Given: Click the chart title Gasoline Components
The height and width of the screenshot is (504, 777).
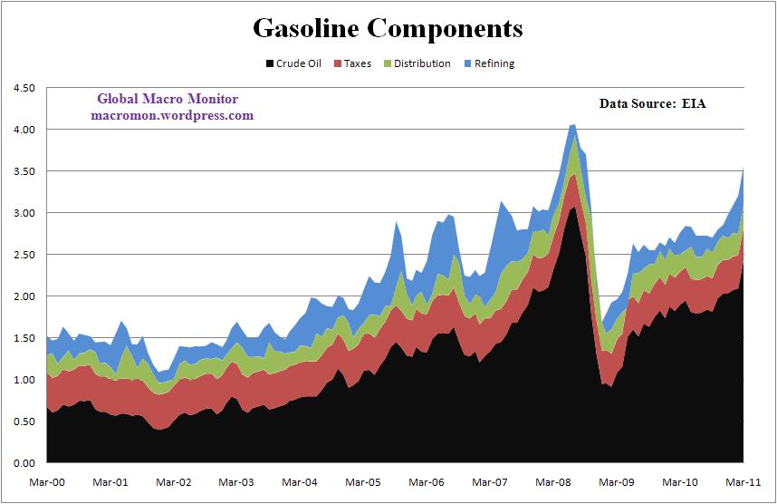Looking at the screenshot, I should coord(388,28).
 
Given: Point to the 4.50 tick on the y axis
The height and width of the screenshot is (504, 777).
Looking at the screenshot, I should coord(22,88).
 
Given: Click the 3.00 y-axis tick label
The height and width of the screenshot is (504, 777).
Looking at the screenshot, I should coord(22,213).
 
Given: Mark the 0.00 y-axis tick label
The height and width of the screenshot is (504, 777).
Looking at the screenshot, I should coord(22,463).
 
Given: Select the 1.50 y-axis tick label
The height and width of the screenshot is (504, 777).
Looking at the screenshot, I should coord(22,338).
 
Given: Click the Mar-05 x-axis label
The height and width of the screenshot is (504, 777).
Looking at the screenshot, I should coord(361,484).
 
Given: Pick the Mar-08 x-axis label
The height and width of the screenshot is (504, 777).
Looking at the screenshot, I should coord(552,484).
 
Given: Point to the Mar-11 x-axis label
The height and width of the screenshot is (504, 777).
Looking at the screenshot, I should coord(743,484).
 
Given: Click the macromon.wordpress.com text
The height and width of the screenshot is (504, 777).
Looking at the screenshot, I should coord(172,115).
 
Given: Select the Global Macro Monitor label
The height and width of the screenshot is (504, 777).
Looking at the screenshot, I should coord(168,99).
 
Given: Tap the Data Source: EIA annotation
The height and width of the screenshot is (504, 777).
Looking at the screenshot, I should coord(652,103).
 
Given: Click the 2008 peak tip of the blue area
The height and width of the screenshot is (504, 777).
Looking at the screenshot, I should coord(573,125).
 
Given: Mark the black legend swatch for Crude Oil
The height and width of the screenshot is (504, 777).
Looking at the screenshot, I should coord(268,63).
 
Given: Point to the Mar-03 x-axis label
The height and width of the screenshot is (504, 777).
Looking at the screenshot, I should coord(235,484).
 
